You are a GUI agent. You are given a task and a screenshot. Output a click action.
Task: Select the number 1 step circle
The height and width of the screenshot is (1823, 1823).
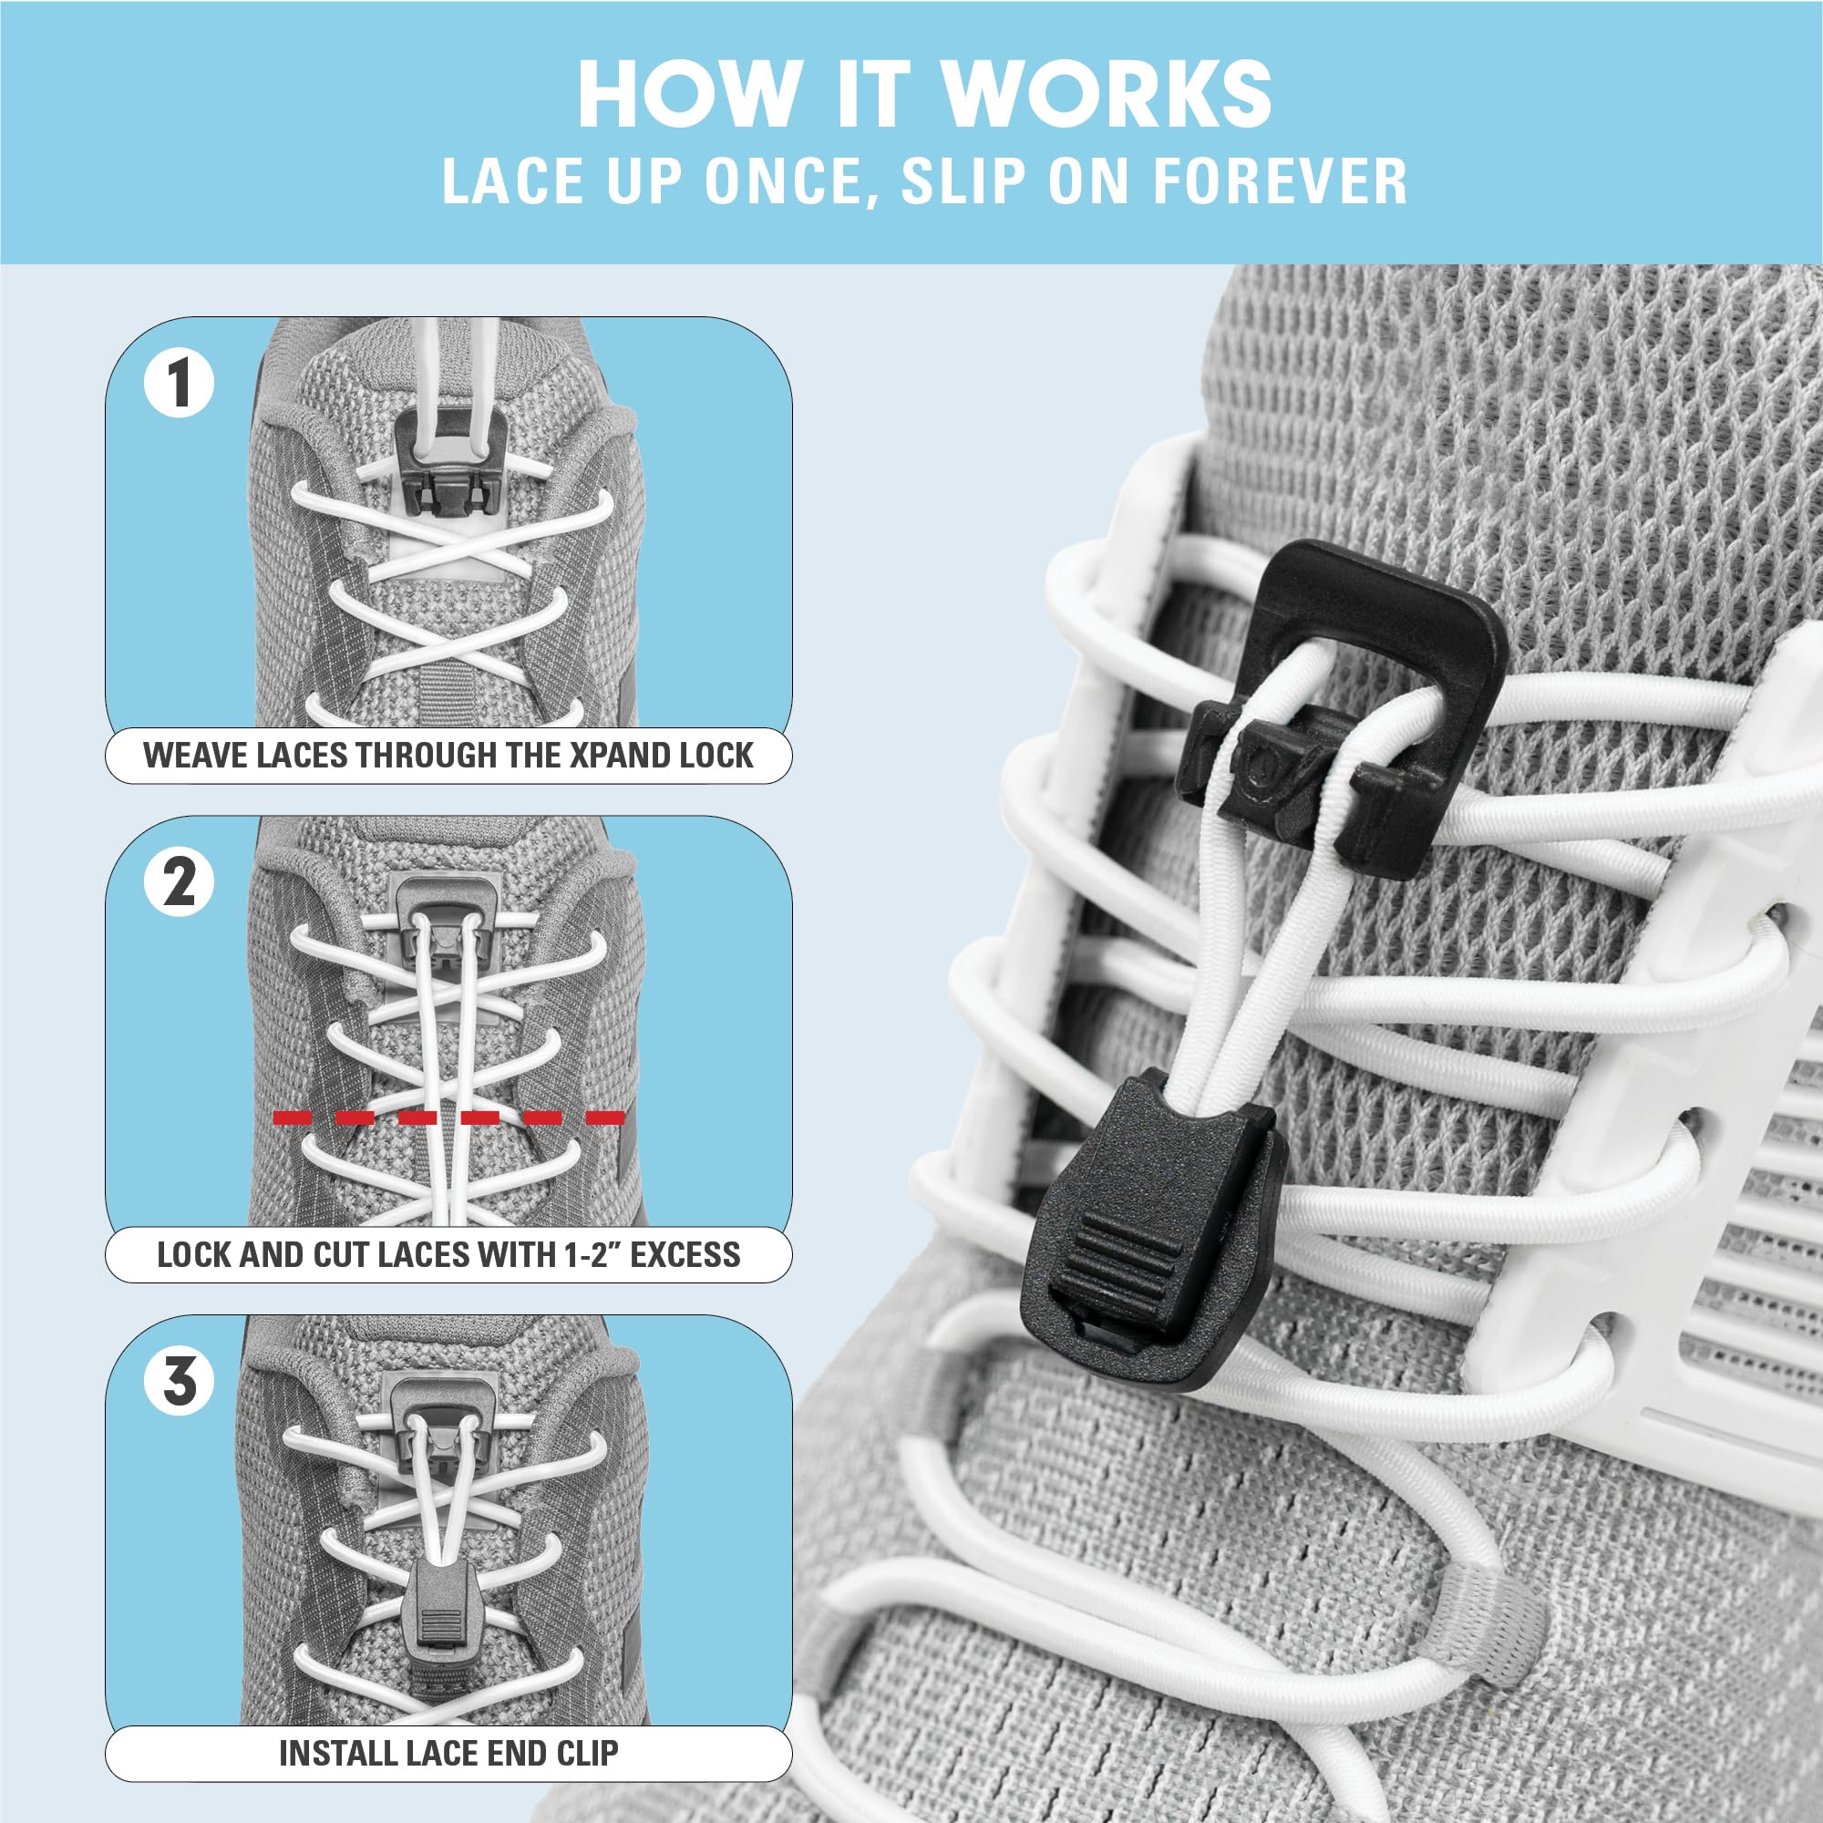click(x=179, y=383)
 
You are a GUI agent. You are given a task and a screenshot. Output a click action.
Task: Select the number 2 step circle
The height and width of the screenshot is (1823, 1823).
click(x=179, y=882)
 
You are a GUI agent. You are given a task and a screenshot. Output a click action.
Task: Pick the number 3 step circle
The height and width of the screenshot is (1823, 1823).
click(x=179, y=1382)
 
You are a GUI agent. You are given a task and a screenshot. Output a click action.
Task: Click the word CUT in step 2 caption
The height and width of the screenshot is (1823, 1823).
click(x=346, y=1255)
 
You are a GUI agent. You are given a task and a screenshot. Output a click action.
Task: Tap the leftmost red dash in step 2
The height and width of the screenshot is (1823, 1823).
click(x=293, y=1118)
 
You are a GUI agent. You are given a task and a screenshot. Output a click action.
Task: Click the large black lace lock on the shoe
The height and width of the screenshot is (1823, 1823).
click(x=1340, y=717)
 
